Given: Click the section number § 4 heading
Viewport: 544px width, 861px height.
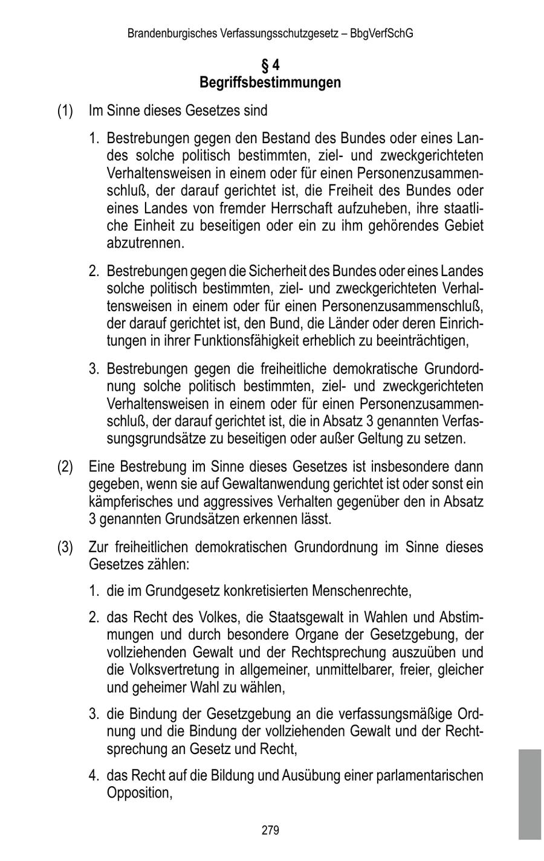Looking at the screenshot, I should pos(270,65).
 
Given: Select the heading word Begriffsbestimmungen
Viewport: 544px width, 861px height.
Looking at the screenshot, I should pos(270,82).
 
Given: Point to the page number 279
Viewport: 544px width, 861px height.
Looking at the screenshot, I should pos(270,830).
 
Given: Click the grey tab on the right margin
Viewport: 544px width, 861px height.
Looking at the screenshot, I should pos(529,794).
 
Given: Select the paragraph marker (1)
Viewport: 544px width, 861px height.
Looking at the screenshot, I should pos(65,111).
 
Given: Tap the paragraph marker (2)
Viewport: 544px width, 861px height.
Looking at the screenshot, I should pos(65,467).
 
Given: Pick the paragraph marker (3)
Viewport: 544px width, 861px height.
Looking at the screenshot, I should pos(65,547).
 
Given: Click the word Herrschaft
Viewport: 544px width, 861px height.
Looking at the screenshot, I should pos(332,208).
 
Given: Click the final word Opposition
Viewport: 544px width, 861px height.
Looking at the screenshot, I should pos(138,793).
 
